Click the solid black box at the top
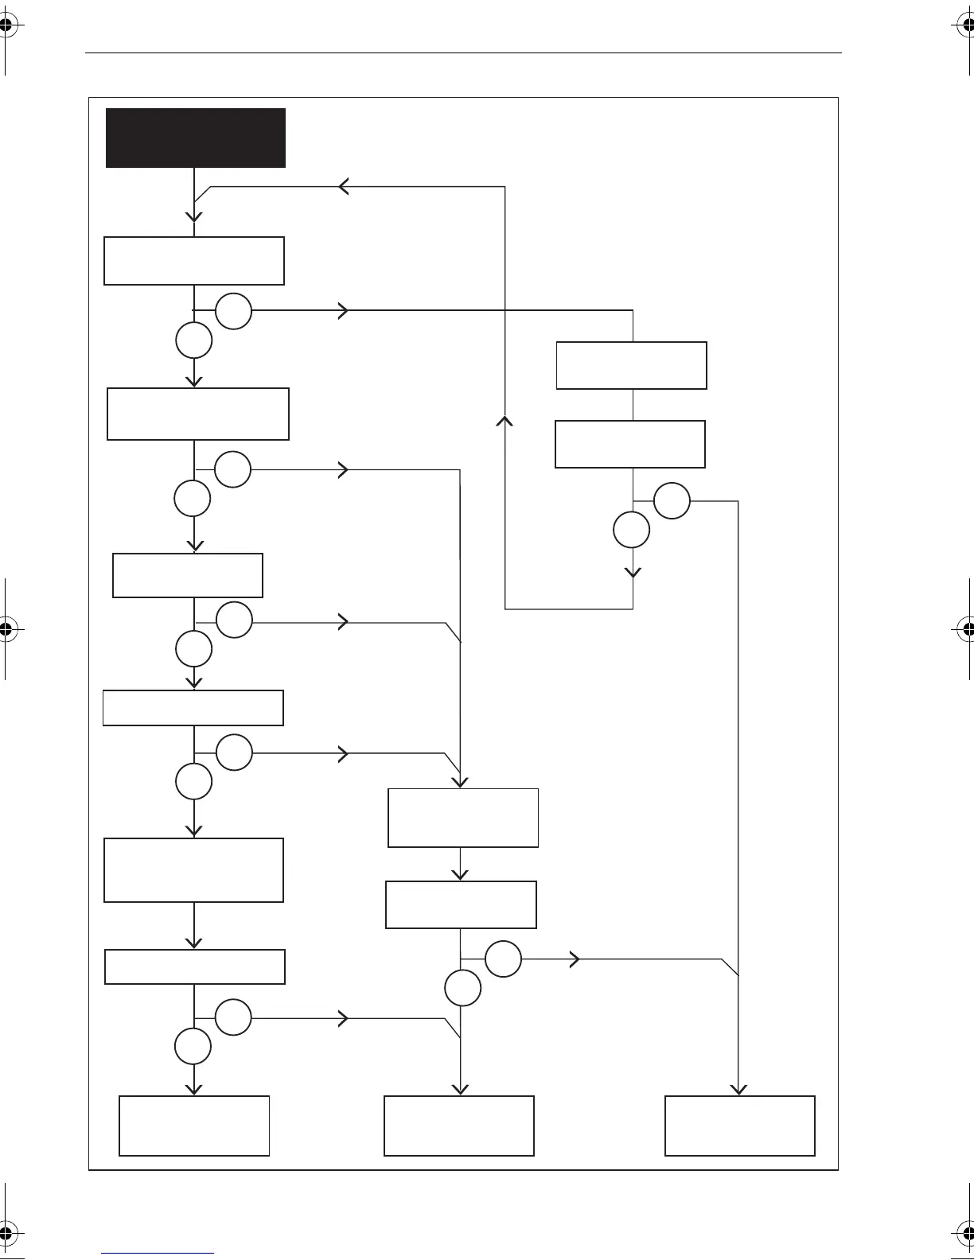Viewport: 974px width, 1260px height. click(x=196, y=138)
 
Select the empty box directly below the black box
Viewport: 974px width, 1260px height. click(x=194, y=261)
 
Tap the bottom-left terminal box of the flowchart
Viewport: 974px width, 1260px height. click(x=194, y=1126)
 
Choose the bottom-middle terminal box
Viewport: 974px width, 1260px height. click(x=459, y=1126)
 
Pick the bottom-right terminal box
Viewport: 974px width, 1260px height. click(x=740, y=1126)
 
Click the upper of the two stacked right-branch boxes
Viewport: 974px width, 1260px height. click(x=632, y=365)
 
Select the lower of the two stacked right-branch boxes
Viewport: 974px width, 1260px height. click(x=630, y=444)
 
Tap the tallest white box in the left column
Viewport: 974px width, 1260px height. click(x=194, y=869)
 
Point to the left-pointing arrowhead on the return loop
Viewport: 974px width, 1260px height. click(x=344, y=187)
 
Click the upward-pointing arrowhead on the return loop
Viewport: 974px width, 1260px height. click(x=505, y=421)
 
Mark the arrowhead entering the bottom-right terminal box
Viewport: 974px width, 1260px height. click(x=739, y=1089)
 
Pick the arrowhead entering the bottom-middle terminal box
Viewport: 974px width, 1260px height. click(x=461, y=1089)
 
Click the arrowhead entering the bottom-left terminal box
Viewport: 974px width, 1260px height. click(x=193, y=1089)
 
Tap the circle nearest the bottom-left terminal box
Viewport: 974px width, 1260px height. click(x=193, y=1046)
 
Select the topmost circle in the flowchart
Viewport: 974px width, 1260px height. click(x=233, y=311)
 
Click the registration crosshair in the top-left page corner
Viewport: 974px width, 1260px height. click(x=6, y=25)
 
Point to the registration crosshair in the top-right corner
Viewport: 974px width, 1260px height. click(x=968, y=25)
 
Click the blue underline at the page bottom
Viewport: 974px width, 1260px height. click(x=158, y=1254)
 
